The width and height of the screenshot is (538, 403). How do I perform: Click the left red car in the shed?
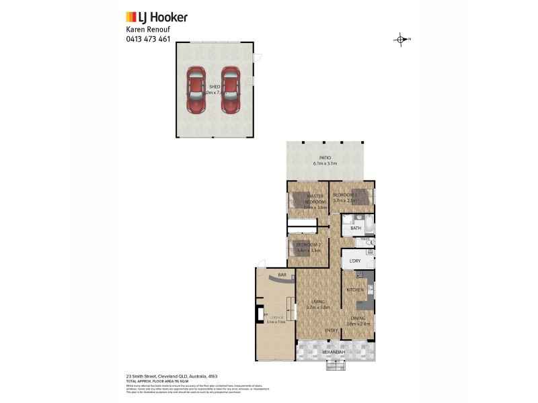pos(196,90)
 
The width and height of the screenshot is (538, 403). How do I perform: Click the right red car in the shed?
pos(231,90)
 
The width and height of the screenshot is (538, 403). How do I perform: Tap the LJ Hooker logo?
pos(157,17)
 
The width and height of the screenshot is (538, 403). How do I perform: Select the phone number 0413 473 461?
pos(148,38)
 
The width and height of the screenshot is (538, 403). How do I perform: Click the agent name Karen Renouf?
pos(148,30)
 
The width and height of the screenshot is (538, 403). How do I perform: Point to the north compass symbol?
pos(401,39)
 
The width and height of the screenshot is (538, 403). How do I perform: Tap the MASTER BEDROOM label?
pos(315,199)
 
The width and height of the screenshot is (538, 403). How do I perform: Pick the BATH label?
pos(356,228)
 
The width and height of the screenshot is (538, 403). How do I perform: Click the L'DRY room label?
pos(355,260)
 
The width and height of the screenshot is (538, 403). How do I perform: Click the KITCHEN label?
pos(355,289)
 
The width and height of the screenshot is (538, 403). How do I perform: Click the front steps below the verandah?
pos(334,366)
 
